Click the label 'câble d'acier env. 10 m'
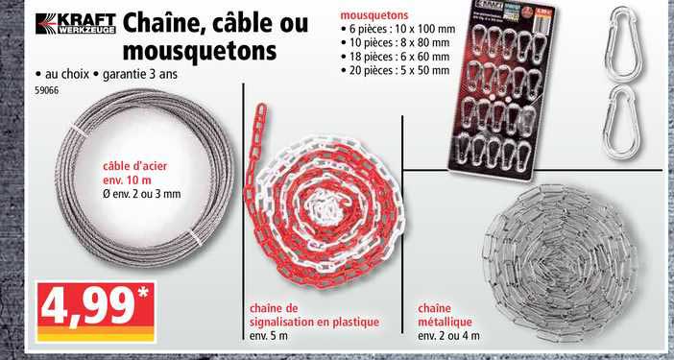(135, 173)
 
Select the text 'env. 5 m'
(269, 336)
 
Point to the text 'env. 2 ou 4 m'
(448, 336)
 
